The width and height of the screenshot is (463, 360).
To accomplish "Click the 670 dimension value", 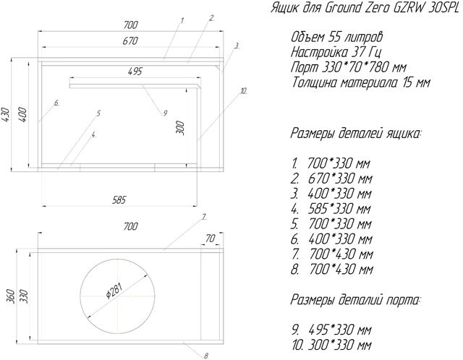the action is click(130, 40).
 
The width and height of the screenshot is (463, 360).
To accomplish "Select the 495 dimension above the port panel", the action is click(135, 72).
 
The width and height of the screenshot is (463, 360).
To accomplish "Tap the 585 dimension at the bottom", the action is click(119, 200).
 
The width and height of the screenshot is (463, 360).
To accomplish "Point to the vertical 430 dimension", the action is click(5, 115).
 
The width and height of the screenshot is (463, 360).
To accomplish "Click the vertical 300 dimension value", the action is click(180, 128).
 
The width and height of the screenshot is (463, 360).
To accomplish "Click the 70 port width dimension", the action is click(211, 239).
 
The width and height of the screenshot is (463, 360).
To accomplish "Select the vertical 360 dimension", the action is click(10, 296).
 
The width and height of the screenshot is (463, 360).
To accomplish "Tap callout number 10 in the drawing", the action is click(243, 90).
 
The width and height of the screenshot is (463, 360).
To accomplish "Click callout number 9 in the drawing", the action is click(165, 113).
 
